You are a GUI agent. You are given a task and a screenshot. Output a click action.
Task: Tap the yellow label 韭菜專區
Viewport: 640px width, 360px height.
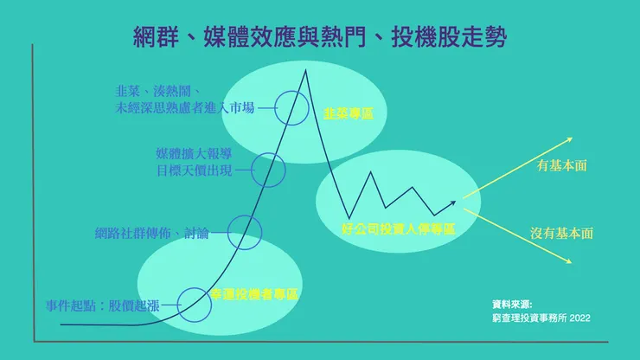349,113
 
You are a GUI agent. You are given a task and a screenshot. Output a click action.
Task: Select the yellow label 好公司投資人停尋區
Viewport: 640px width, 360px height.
399,229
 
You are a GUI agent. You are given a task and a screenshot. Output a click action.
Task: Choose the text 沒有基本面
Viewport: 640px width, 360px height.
561,234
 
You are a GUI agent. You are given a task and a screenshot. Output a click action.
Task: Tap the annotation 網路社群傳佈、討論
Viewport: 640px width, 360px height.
158,233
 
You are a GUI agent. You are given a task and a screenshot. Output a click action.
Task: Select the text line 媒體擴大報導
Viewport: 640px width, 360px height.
194,154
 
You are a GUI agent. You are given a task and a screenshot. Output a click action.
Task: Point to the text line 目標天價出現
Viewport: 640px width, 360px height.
194,170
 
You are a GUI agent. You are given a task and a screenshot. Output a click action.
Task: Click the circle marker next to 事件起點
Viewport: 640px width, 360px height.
194,305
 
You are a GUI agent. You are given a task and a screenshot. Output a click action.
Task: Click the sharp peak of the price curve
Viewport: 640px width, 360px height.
305,68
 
